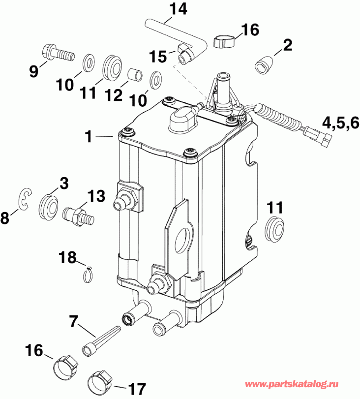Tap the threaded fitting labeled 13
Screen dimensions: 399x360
coord(77,214)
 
